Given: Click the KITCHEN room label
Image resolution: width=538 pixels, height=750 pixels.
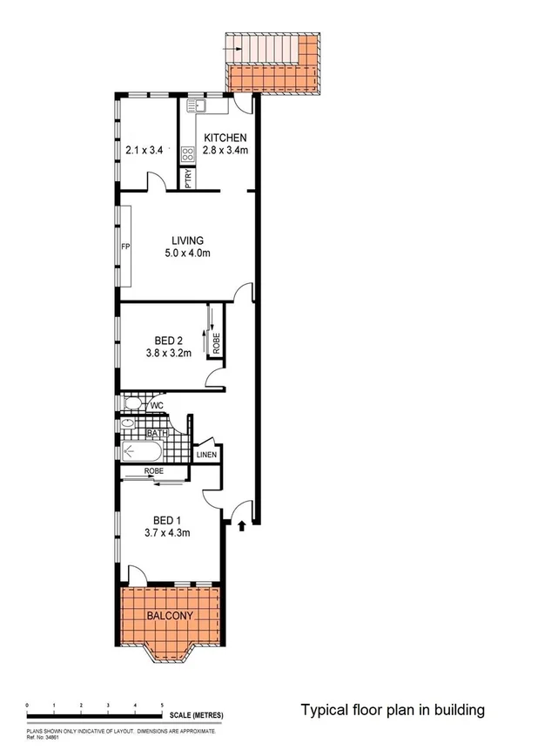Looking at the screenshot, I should [225, 138].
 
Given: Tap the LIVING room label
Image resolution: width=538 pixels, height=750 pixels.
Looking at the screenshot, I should [187, 241].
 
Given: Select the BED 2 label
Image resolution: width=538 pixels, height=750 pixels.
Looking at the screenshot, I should [168, 341].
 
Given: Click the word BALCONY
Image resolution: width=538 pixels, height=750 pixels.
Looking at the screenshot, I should [169, 616].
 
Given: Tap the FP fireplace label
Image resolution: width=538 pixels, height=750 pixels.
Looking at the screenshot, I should [125, 247].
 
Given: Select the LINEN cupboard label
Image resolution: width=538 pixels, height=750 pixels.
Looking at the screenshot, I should [206, 455].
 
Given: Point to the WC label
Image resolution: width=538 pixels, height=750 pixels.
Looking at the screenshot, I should [158, 405].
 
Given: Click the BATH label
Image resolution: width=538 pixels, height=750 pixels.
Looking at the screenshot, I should [157, 433].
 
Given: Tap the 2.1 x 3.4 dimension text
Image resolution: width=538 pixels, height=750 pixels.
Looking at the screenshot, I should [145, 150].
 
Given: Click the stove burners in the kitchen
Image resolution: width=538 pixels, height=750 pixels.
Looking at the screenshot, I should [187, 155].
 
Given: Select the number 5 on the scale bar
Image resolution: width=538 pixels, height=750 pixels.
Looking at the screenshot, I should [162, 703].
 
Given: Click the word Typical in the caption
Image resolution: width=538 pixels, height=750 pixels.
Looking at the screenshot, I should [322, 710].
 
